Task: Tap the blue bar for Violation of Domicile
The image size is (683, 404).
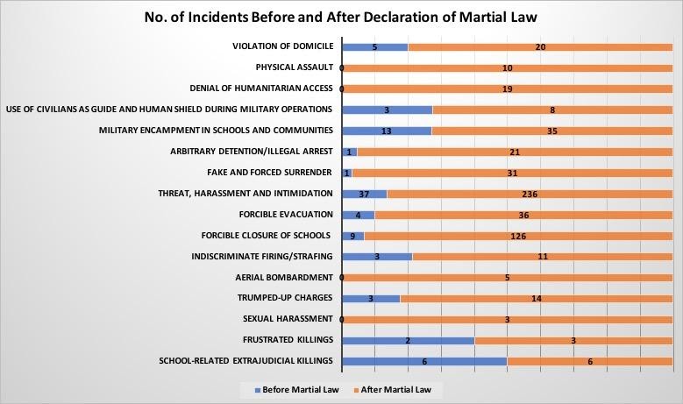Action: pyautogui.click(x=374, y=46)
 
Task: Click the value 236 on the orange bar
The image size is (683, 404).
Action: pyautogui.click(x=529, y=194)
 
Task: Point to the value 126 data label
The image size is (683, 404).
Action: pyautogui.click(x=517, y=236)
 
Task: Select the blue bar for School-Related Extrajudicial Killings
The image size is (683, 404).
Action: pyautogui.click(x=423, y=361)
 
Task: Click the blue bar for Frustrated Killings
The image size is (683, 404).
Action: pyautogui.click(x=407, y=340)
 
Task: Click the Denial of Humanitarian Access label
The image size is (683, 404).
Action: pyautogui.click(x=261, y=89)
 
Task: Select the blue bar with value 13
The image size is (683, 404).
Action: pyautogui.click(x=386, y=131)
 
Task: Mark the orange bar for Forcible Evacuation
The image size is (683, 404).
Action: pyautogui.click(x=523, y=215)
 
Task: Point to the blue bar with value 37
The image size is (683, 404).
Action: pyautogui.click(x=364, y=194)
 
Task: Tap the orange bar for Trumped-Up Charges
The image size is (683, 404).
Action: pyautogui.click(x=536, y=298)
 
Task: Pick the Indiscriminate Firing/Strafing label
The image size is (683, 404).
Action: pyautogui.click(x=262, y=256)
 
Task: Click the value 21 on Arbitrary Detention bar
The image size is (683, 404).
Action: pyautogui.click(x=515, y=152)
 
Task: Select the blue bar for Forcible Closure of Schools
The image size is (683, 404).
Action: pyautogui.click(x=352, y=236)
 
